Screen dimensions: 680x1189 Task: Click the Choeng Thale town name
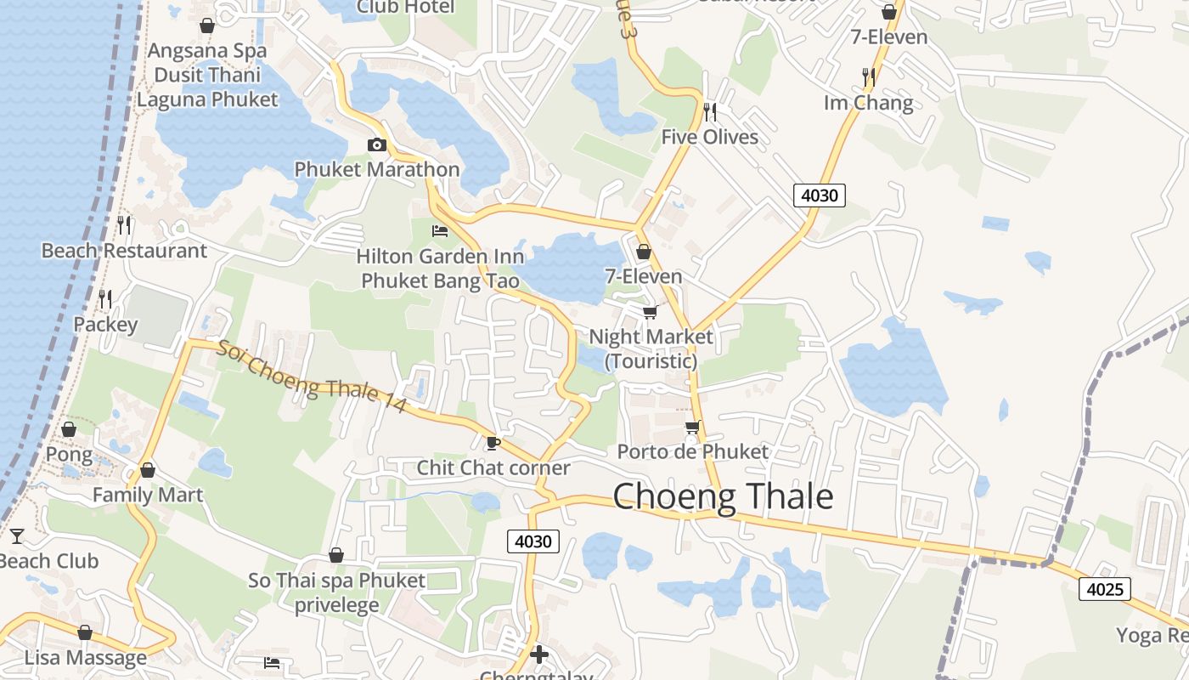(x=723, y=496)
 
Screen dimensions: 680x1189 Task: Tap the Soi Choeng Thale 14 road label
(x=313, y=377)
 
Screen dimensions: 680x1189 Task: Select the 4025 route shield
(x=1105, y=588)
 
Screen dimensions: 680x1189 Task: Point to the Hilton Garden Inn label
(x=440, y=268)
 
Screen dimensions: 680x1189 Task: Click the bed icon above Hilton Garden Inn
(x=440, y=230)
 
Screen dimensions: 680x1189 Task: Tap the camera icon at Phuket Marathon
(x=376, y=144)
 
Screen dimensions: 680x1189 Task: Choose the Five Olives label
(x=709, y=137)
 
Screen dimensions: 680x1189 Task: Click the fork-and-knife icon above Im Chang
(x=868, y=77)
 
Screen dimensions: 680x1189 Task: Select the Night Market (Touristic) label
(x=651, y=348)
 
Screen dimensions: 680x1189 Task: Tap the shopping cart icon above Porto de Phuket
(x=692, y=426)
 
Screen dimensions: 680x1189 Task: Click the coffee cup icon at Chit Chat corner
(x=493, y=442)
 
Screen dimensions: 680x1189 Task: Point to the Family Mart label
(x=148, y=495)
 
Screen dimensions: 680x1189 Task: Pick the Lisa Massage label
(x=85, y=657)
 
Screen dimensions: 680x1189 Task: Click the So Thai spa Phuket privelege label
(x=337, y=592)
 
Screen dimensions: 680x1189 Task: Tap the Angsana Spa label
(x=207, y=51)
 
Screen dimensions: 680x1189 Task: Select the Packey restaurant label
(x=105, y=325)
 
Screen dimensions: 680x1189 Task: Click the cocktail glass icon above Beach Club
(x=16, y=535)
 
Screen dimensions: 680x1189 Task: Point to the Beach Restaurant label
(x=124, y=251)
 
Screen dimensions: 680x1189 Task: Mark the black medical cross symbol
(x=538, y=654)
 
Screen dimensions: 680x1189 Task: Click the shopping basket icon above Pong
(x=69, y=429)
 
